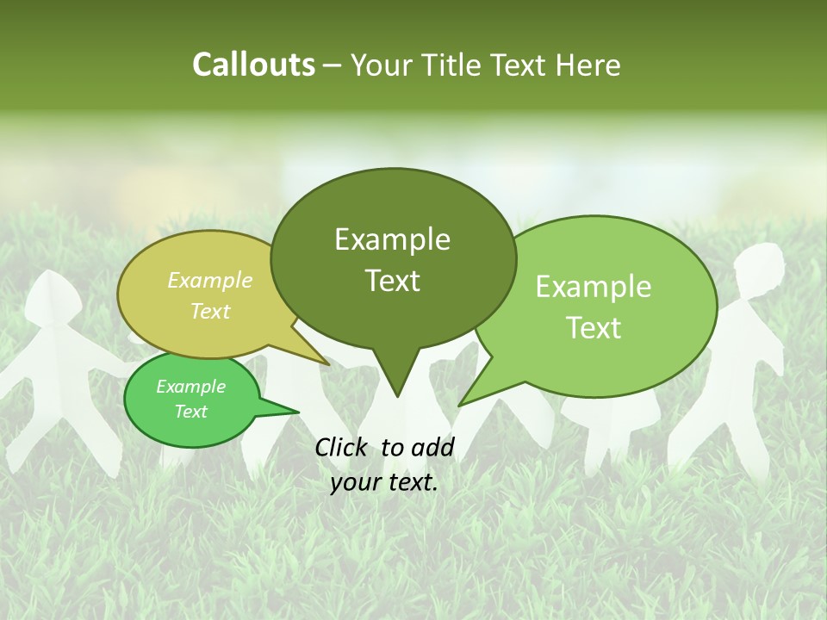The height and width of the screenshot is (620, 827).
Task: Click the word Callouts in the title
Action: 253,65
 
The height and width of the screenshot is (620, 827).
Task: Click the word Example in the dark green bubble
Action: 392,239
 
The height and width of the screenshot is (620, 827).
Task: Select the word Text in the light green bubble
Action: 594,328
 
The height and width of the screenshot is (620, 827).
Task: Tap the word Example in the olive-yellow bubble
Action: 210,281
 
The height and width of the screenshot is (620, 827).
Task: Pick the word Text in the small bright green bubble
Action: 191,412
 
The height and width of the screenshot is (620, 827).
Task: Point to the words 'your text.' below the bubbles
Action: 384,482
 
